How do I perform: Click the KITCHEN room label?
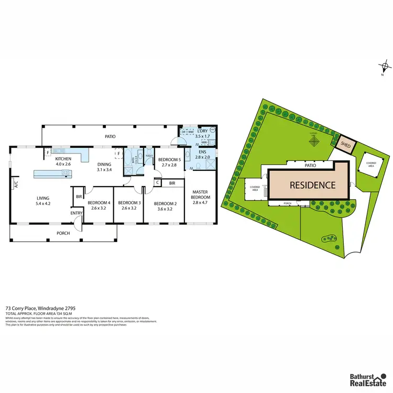(63, 158)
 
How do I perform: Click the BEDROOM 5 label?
(170, 159)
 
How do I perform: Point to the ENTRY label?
(77, 213)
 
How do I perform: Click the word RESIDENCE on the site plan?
(313, 185)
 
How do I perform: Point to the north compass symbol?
(385, 67)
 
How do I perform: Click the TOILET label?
(148, 156)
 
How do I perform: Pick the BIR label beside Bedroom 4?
(79, 196)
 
